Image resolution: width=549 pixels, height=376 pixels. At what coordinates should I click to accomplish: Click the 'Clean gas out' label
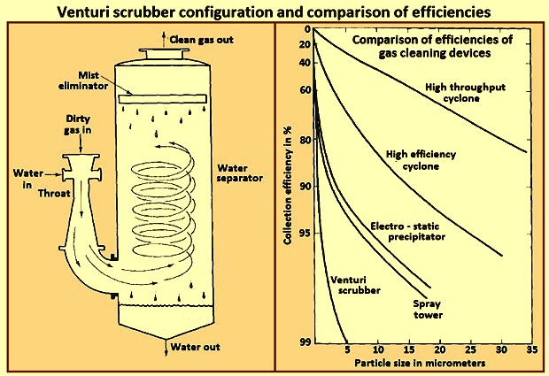[x=201, y=40]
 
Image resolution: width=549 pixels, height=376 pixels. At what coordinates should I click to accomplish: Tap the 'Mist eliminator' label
[x=83, y=81]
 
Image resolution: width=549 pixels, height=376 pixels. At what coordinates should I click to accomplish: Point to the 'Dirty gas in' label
[x=78, y=125]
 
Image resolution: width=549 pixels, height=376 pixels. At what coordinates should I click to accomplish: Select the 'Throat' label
[x=54, y=194]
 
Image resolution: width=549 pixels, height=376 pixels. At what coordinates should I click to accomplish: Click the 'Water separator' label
[x=239, y=173]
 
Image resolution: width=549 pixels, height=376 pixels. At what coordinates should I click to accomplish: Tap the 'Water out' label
[x=196, y=347]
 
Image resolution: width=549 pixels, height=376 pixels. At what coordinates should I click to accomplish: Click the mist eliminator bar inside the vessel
[x=163, y=99]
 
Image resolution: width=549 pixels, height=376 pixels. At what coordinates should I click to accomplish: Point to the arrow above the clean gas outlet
[x=164, y=40]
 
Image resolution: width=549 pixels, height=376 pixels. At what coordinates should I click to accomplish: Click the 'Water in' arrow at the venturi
[x=53, y=174]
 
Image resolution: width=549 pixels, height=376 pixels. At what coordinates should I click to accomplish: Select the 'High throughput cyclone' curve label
[x=465, y=93]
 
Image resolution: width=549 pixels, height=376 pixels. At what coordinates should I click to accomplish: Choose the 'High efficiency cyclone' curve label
[x=421, y=160]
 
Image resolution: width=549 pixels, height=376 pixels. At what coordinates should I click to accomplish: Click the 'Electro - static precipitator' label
[x=408, y=232]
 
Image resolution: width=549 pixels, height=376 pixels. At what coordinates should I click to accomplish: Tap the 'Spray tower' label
[x=427, y=310]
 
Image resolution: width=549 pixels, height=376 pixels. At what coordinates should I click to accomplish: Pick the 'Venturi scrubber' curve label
[x=355, y=285]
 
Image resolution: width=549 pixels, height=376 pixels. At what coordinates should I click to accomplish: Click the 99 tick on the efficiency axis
[x=306, y=341]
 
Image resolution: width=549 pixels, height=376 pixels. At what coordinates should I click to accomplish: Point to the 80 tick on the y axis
[x=306, y=140]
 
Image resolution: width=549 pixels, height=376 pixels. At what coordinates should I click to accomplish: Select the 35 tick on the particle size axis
[x=532, y=349]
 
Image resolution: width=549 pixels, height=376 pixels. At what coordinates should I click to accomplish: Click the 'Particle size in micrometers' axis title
[x=420, y=363]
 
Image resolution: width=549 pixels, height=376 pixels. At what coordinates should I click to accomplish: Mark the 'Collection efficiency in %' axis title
[x=288, y=186]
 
